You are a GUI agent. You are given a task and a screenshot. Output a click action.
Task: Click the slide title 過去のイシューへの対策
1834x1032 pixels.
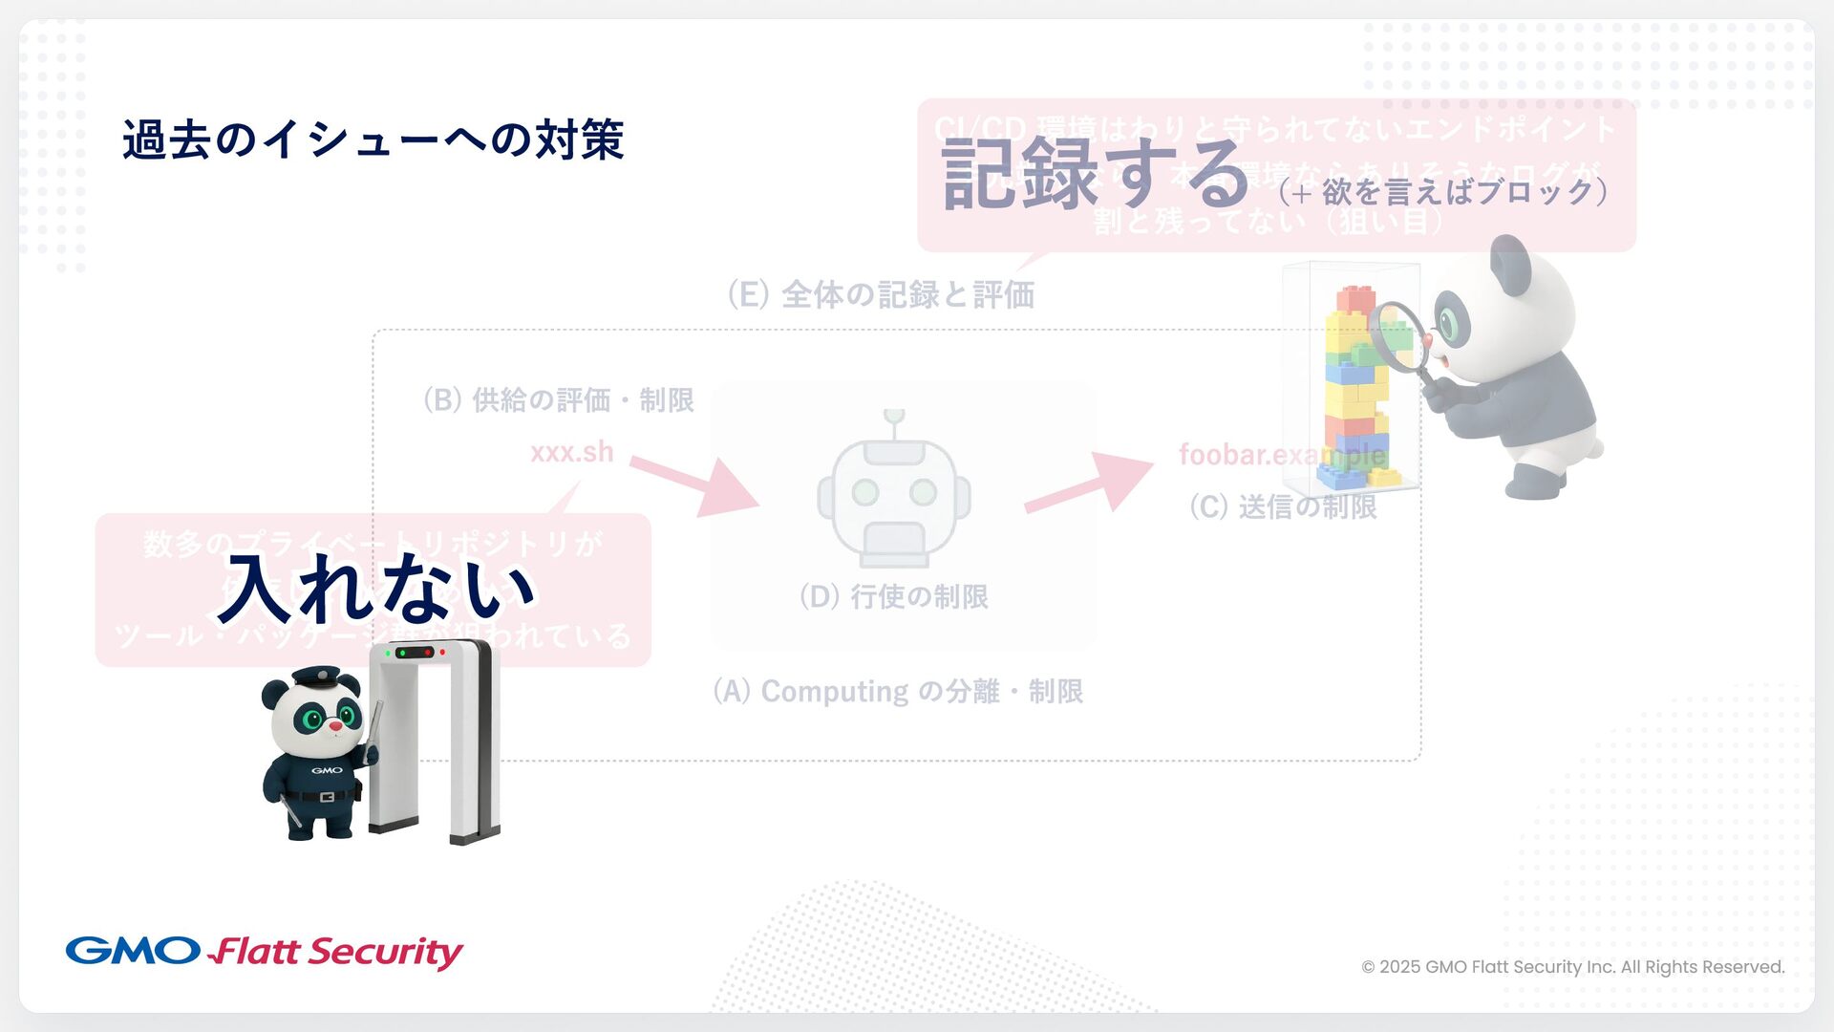pyautogui.click(x=373, y=140)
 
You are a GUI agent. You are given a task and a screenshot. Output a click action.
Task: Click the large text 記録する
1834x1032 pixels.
pyautogui.click(x=1095, y=174)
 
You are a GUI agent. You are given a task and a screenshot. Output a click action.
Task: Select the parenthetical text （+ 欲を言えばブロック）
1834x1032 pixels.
pyautogui.click(x=1442, y=192)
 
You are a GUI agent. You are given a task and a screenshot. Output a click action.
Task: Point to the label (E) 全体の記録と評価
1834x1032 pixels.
pyautogui.click(x=881, y=294)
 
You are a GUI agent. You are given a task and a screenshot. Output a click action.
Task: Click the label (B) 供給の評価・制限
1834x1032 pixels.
pyautogui.click(x=559, y=399)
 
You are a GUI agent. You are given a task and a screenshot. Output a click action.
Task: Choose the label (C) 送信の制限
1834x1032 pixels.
pyautogui.click(x=1283, y=506)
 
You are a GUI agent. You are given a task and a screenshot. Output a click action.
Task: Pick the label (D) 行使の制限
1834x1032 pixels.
pyautogui.click(x=894, y=596)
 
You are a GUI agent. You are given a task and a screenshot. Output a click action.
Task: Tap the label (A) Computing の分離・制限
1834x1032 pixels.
pyautogui.click(x=898, y=691)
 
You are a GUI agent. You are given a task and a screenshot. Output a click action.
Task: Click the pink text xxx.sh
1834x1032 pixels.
pyautogui.click(x=571, y=452)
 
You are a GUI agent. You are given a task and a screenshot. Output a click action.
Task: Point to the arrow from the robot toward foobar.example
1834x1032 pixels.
pyautogui.click(x=1089, y=483)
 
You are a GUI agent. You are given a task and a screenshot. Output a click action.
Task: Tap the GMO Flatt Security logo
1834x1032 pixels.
pyautogui.click(x=264, y=952)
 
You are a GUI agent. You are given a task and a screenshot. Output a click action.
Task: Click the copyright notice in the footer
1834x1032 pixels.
pyautogui.click(x=1572, y=967)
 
